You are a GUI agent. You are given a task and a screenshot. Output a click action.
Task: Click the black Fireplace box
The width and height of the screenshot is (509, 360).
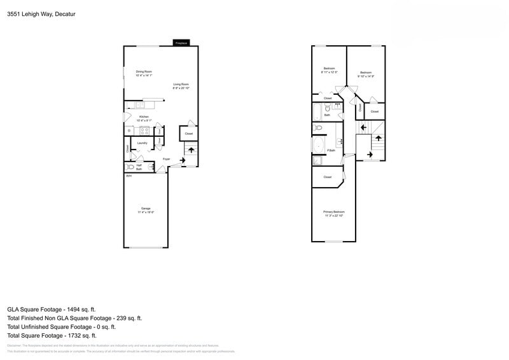coord(181,43)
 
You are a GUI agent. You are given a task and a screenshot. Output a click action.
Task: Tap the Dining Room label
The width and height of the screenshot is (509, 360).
coord(144,71)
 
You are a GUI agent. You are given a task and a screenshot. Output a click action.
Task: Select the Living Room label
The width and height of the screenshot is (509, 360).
coord(181,84)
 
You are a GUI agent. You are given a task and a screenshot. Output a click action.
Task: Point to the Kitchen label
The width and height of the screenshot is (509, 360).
coord(144,117)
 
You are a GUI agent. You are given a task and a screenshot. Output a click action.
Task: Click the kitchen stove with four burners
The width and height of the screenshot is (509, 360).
coord(144,131)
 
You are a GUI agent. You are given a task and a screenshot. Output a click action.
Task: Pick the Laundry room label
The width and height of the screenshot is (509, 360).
coord(142,143)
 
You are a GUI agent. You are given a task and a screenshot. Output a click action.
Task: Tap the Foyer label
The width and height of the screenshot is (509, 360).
coord(166,159)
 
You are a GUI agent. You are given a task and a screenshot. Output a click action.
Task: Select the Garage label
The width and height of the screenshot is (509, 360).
coord(146,209)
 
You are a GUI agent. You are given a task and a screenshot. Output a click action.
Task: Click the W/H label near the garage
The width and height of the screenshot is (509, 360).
coord(128,176)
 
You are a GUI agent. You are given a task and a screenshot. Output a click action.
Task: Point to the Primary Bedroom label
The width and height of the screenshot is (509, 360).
coord(333,212)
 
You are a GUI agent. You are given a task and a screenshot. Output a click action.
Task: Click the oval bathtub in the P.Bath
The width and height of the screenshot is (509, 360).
coord(318,145)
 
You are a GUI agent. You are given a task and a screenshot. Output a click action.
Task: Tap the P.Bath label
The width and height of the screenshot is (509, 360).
coord(331,151)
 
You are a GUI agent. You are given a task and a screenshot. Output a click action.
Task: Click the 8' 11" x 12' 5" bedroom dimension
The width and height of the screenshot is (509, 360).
coord(330,72)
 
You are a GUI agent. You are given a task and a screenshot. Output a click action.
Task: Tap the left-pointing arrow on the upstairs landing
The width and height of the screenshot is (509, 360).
coord(364,127)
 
